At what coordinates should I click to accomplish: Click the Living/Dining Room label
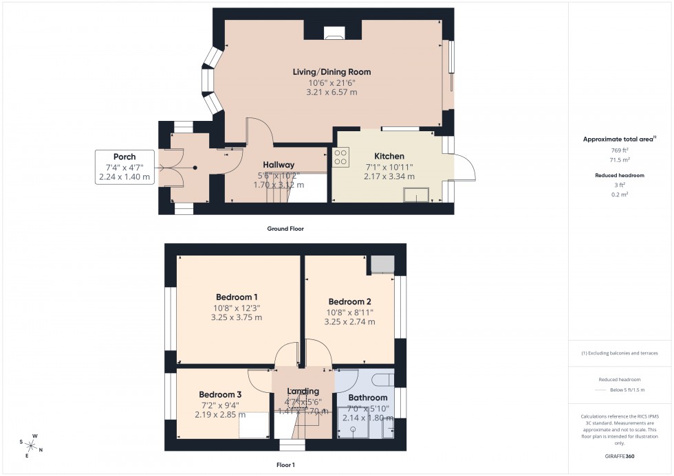point(332,71)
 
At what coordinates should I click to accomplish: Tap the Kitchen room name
point(389,156)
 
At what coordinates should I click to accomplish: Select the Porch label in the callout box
point(124,157)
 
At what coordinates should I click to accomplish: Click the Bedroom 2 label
point(349,302)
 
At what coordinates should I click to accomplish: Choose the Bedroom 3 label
point(220,394)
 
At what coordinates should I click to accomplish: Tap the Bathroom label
point(367,397)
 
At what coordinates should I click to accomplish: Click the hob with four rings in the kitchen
point(340,157)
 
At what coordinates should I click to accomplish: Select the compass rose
point(30,444)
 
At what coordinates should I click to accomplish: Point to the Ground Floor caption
point(285,229)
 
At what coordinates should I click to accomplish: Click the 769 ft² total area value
point(620,150)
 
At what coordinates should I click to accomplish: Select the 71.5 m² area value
point(620,159)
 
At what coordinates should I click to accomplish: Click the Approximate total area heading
point(619,139)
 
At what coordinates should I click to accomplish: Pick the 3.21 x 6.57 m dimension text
point(332,92)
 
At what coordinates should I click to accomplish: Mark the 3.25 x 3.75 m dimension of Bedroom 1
point(236,317)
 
